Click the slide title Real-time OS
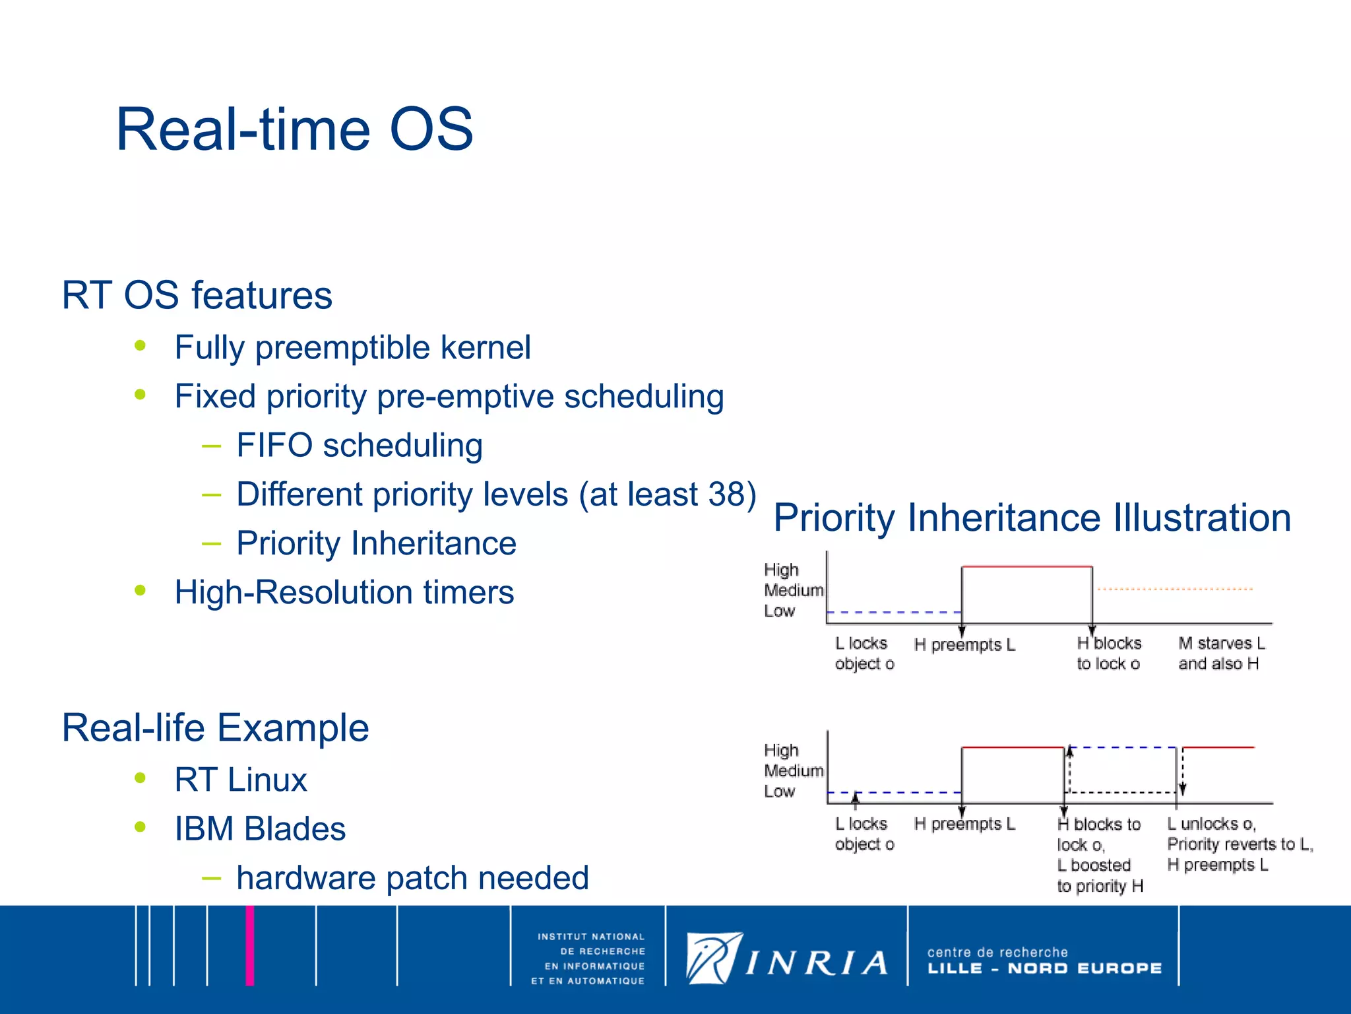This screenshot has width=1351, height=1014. click(294, 129)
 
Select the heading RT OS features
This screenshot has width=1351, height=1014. click(197, 295)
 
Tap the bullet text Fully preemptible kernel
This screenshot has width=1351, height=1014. click(352, 348)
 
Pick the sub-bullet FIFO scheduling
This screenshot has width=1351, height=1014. click(360, 446)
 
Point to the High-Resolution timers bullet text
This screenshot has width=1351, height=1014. click(344, 592)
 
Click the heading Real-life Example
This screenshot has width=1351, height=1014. click(215, 727)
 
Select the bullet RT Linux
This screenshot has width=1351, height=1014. click(241, 780)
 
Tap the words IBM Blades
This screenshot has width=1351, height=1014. click(260, 829)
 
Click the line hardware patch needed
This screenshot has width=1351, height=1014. click(412, 878)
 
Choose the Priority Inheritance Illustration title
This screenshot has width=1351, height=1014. click(1032, 518)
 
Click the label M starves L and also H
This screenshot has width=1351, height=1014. click(1221, 653)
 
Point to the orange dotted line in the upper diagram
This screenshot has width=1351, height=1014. click(1175, 589)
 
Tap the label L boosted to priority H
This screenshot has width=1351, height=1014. click(1099, 875)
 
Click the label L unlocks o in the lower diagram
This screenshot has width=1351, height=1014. click(1211, 824)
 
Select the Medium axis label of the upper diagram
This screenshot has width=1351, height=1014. click(793, 590)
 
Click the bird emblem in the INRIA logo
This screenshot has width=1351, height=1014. click(712, 958)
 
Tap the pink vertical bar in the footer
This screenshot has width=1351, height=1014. click(250, 945)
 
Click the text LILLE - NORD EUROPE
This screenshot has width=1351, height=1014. click(1044, 968)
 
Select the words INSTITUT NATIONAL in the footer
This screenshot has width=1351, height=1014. click(590, 937)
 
